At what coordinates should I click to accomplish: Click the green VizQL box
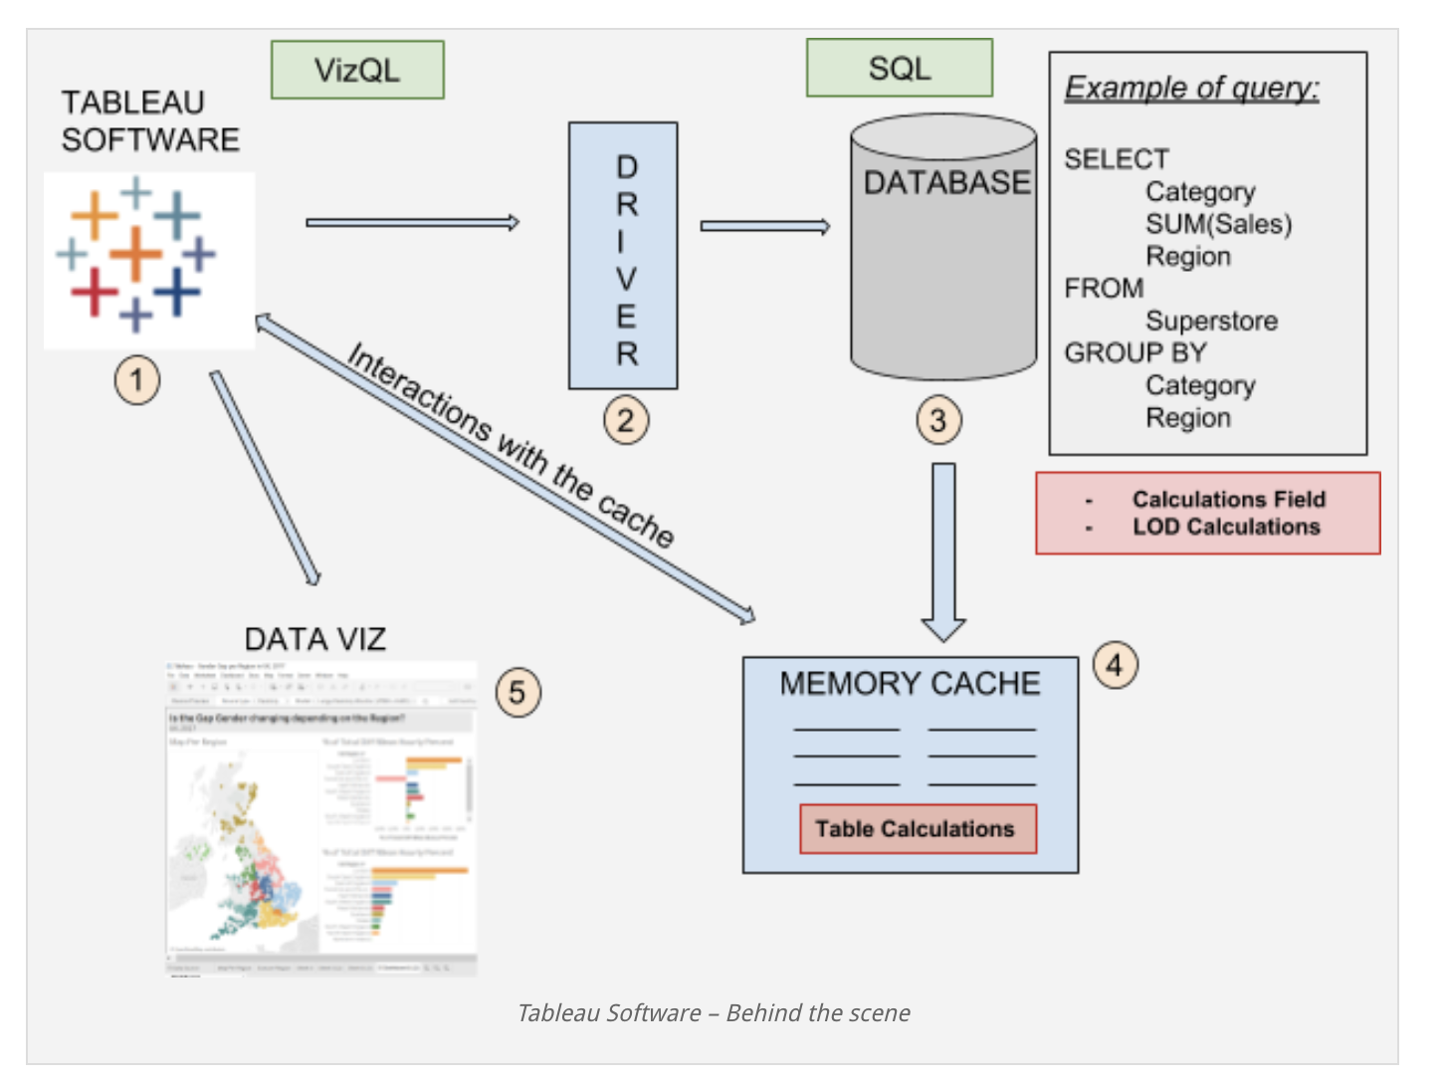coord(357,70)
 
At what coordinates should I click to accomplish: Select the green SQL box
coord(899,68)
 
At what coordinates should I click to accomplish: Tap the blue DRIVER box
coord(623,256)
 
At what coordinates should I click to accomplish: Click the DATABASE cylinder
coord(943,259)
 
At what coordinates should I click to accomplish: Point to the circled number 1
coord(137,379)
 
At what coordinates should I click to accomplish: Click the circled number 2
coord(626,420)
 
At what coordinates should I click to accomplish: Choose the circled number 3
coord(938,420)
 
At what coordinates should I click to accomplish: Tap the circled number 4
coord(1115,664)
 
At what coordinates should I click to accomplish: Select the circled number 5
coord(517,692)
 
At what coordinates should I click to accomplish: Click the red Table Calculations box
coord(918,829)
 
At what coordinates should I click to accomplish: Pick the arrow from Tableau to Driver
coord(412,223)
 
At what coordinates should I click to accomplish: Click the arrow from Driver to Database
coord(764,227)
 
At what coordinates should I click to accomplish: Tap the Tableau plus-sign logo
coord(137,254)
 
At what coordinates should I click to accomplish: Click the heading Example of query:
coord(1191,88)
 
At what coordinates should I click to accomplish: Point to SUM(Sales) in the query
coord(1218,224)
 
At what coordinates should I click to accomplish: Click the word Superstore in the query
coord(1211,321)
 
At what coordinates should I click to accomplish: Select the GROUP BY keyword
coord(1134,353)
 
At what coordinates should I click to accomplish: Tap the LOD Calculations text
coord(1226,527)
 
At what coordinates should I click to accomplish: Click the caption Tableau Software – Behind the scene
coord(714,1013)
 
